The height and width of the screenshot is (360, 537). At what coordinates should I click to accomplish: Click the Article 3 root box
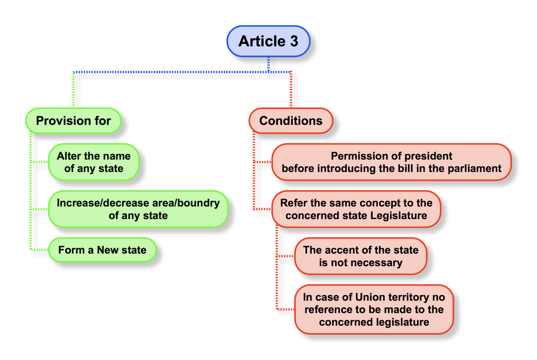pos(268,41)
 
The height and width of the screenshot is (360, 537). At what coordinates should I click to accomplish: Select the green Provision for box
pos(73,120)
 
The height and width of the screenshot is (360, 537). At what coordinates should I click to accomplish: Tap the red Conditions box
pos(291,120)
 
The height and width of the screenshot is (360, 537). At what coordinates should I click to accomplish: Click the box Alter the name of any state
pos(94,162)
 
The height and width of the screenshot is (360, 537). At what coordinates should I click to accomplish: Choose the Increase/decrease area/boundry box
pos(138,209)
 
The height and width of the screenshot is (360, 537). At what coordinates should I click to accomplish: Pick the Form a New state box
pos(102,250)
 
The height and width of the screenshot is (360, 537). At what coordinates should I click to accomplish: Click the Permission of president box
pos(391,161)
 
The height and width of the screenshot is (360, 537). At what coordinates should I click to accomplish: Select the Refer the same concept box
pos(356,209)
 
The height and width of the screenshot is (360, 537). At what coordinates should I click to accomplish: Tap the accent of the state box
pos(360,257)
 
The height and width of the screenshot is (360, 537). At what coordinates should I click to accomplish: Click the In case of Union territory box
pos(374,310)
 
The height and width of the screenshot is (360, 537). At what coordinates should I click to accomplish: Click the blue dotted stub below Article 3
pos(268,64)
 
